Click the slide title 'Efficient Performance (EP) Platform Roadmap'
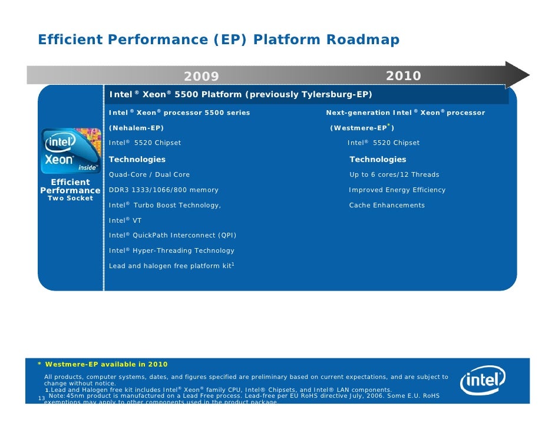219,40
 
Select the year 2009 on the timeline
201,77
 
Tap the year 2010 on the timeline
403,76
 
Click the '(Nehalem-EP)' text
137,128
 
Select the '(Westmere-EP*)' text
362,128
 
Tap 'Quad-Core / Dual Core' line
150,174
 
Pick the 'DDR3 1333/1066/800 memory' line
164,190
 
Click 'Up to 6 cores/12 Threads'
394,174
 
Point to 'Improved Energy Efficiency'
397,190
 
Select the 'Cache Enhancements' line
386,205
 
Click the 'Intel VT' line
125,220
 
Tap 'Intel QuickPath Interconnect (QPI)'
173,235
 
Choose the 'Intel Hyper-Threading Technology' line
171,250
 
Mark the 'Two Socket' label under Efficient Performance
70,199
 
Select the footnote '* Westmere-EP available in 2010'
103,364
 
